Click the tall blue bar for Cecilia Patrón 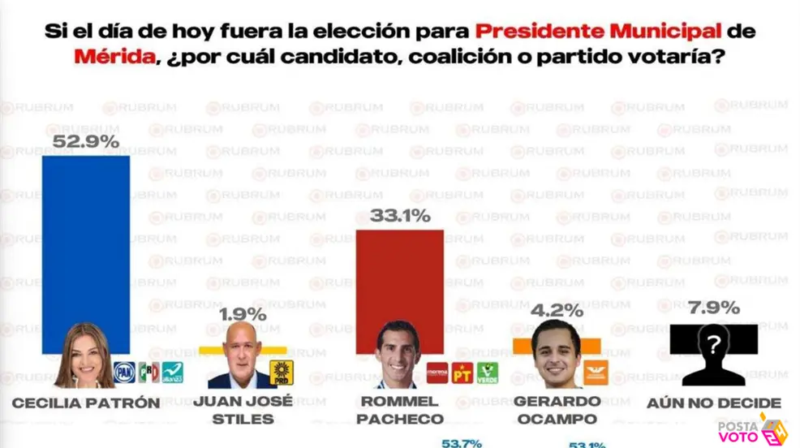tap(85, 243)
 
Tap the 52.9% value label tap(86, 141)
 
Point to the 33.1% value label tap(400, 216)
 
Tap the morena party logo tap(438, 373)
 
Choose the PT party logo tap(462, 373)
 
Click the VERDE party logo tap(487, 373)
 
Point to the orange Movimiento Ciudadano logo tap(596, 372)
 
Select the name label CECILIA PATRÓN tap(86, 403)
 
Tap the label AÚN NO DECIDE tap(714, 403)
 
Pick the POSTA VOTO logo tap(751, 431)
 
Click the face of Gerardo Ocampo tap(556, 355)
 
